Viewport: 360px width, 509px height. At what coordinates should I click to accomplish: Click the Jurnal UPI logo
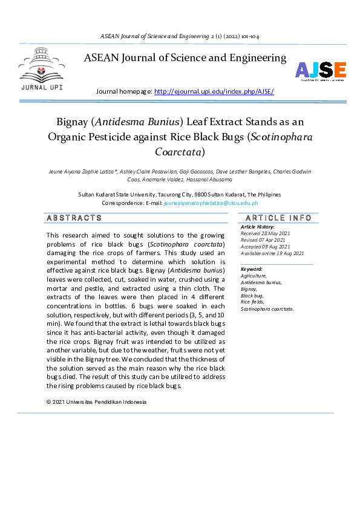pyautogui.click(x=41, y=71)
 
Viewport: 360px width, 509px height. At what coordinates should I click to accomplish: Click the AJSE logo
pyautogui.click(x=321, y=71)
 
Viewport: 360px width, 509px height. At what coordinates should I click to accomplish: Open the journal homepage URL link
pyautogui.click(x=214, y=91)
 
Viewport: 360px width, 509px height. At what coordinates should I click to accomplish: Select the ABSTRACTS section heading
pyautogui.click(x=74, y=218)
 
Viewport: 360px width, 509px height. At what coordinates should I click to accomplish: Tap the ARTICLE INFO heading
pyautogui.click(x=278, y=218)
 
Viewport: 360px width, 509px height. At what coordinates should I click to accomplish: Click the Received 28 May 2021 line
pyautogui.click(x=266, y=233)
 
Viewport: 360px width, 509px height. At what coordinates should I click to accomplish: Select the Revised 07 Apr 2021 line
pyautogui.click(x=264, y=240)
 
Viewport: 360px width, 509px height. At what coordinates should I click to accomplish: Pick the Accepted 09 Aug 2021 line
pyautogui.click(x=266, y=247)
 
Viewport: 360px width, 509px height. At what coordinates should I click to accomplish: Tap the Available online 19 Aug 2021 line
pyautogui.click(x=272, y=253)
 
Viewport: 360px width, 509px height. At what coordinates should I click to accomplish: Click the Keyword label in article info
pyautogui.click(x=252, y=269)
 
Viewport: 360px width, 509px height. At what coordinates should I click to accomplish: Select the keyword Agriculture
pyautogui.click(x=254, y=276)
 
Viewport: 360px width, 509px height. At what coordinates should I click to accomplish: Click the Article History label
pyautogui.click(x=258, y=227)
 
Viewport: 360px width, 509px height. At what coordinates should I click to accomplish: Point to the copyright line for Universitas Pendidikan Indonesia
pyautogui.click(x=96, y=402)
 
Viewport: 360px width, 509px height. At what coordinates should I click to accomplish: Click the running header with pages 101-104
pyautogui.click(x=180, y=36)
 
